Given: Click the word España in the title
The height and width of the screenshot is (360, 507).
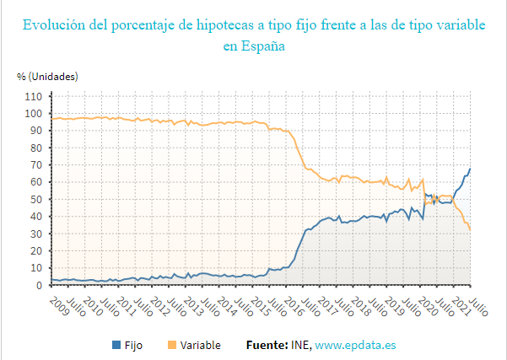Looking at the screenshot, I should (x=262, y=47).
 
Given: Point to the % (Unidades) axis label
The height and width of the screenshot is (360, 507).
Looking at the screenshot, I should (x=47, y=77).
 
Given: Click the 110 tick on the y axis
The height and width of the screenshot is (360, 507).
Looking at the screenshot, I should (x=34, y=96).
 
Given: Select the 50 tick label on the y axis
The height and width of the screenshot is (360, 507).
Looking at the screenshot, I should (x=36, y=199).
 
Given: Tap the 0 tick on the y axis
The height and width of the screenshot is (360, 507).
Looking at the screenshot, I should (x=40, y=285).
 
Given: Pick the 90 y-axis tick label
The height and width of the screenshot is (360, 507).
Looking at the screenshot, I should (x=36, y=131).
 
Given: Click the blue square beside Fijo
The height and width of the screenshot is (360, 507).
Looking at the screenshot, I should (x=116, y=345).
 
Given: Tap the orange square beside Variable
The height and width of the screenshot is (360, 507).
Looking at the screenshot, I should (x=173, y=345).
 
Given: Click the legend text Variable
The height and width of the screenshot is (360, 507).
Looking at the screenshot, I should (x=200, y=345).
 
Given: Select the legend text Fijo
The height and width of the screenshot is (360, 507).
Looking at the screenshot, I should (x=133, y=345).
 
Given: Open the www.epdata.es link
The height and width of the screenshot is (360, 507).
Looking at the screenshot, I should (x=355, y=345).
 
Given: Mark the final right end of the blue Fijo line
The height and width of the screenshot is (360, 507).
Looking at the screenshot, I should (x=470, y=169).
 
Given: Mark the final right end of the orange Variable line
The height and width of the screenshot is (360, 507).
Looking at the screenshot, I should (x=470, y=230).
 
